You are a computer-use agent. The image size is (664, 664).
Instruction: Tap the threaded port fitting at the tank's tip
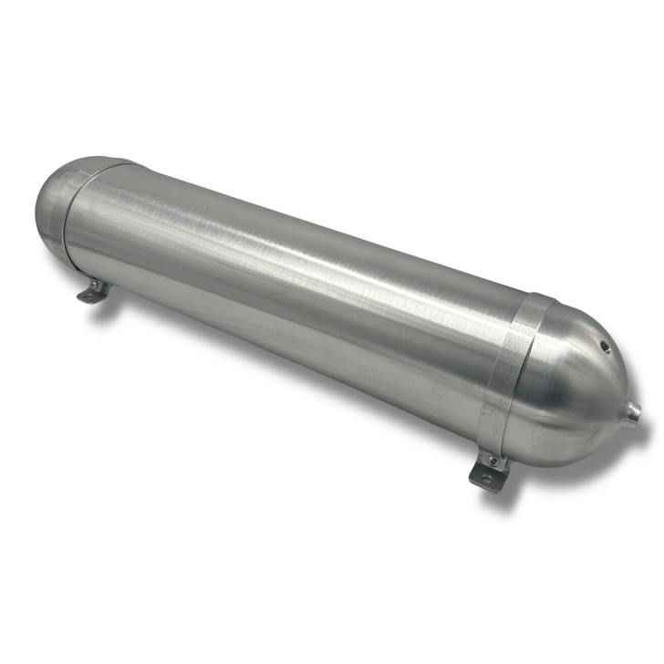point(633,412)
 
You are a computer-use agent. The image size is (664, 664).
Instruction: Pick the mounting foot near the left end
point(95,291)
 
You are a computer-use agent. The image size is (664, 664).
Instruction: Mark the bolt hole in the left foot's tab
point(90,295)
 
